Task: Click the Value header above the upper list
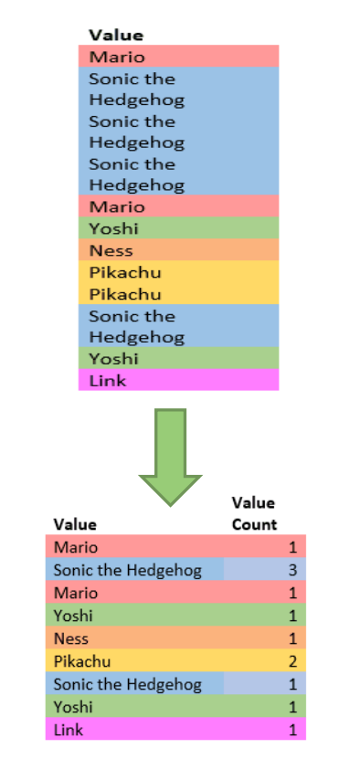click(116, 35)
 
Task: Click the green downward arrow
click(169, 454)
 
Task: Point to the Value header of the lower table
click(75, 524)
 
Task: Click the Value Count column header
click(253, 513)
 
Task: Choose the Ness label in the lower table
click(70, 638)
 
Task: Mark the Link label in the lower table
click(68, 729)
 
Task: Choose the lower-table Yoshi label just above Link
click(72, 706)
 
